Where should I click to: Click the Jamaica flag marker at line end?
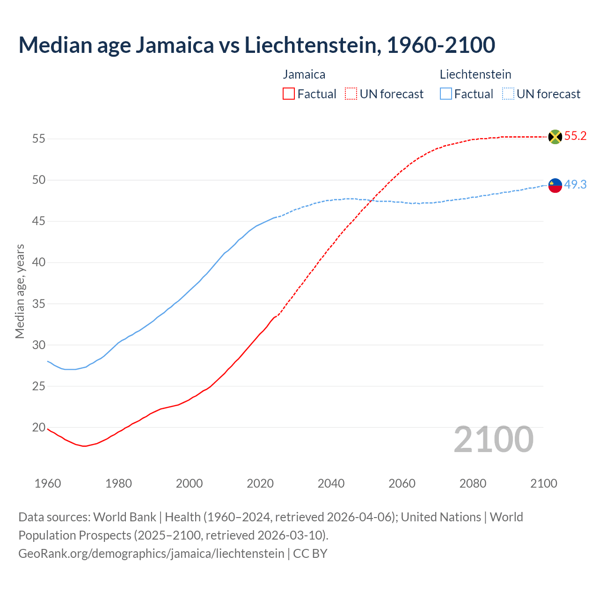[x=555, y=137]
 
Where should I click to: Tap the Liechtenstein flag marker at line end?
[x=555, y=185]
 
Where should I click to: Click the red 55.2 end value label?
[x=575, y=136]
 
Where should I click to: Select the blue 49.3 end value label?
[x=575, y=185]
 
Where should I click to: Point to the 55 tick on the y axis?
[x=39, y=139]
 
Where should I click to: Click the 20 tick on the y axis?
[x=39, y=427]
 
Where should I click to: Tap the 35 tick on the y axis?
[x=39, y=304]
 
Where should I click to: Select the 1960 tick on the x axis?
[x=48, y=483]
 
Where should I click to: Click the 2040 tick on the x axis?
[x=331, y=483]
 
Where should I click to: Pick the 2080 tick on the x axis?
[x=473, y=483]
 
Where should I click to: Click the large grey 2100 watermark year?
[x=493, y=439]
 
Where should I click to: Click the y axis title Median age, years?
[x=20, y=291]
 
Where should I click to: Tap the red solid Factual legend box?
[x=289, y=94]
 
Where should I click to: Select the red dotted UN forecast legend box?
[x=351, y=94]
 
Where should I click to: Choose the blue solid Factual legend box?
[x=446, y=94]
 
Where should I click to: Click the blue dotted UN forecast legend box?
[x=508, y=94]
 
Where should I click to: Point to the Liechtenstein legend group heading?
[x=475, y=74]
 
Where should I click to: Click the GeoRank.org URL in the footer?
[x=151, y=554]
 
